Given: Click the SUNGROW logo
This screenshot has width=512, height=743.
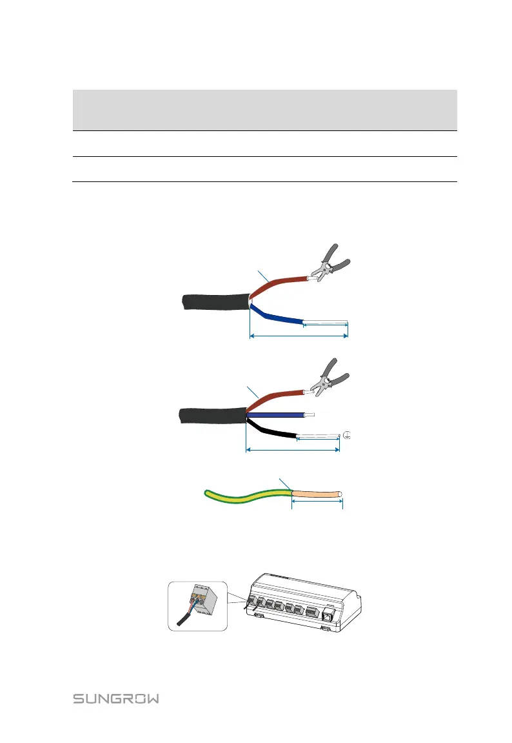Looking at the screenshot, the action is [116, 699].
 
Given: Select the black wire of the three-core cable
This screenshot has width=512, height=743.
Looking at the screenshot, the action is [271, 429].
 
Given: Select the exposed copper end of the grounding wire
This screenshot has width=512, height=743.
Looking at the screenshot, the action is [317, 495].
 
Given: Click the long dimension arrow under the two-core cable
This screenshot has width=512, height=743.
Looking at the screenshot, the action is [299, 336].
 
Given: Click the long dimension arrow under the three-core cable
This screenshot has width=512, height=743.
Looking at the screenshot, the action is [293, 450].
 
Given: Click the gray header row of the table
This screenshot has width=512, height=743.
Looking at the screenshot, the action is [264, 110].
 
